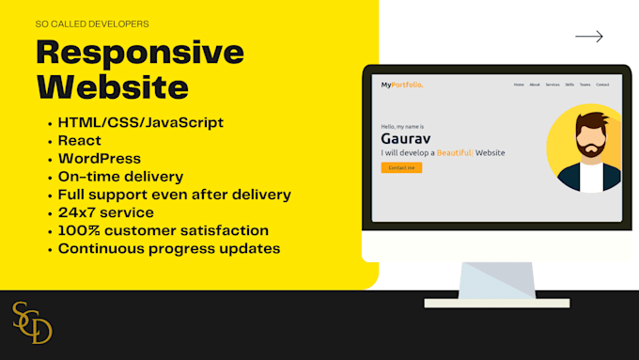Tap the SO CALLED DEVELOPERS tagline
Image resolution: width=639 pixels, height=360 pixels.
[x=92, y=23]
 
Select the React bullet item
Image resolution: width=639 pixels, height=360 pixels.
[x=80, y=140]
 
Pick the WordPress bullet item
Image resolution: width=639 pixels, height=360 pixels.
[x=99, y=158]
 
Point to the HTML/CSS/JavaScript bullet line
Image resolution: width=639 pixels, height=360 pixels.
[x=141, y=122]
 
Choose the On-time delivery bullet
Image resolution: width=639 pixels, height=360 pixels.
[x=120, y=176]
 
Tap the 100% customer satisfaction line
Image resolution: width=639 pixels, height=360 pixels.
[x=163, y=230]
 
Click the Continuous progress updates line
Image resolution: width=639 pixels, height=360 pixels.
[x=168, y=248]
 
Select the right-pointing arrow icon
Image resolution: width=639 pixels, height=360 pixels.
[x=588, y=37]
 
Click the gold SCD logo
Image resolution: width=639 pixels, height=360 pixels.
[x=32, y=322]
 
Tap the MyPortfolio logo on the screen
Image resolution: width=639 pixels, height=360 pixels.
[x=402, y=85]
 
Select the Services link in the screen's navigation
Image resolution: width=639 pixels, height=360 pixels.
[x=552, y=85]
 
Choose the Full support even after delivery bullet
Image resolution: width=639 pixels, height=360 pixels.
[x=174, y=195]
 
